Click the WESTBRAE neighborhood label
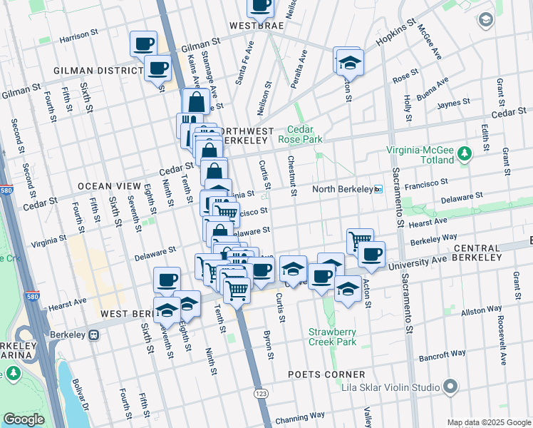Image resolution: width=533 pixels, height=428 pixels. [257, 26]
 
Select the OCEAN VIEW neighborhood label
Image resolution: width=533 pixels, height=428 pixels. [105, 186]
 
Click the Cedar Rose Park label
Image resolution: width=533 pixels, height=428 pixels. [305, 134]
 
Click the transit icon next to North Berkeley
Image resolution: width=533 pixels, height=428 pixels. [378, 189]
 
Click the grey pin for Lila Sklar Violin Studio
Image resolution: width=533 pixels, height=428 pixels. [450, 387]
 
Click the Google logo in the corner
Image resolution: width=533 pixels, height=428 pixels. [24, 419]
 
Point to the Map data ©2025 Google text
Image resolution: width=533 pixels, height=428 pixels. [489, 422]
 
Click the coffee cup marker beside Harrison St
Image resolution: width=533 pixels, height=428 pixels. [143, 44]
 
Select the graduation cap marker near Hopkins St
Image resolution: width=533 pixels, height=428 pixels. [350, 63]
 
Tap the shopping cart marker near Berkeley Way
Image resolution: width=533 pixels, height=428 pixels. [360, 241]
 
